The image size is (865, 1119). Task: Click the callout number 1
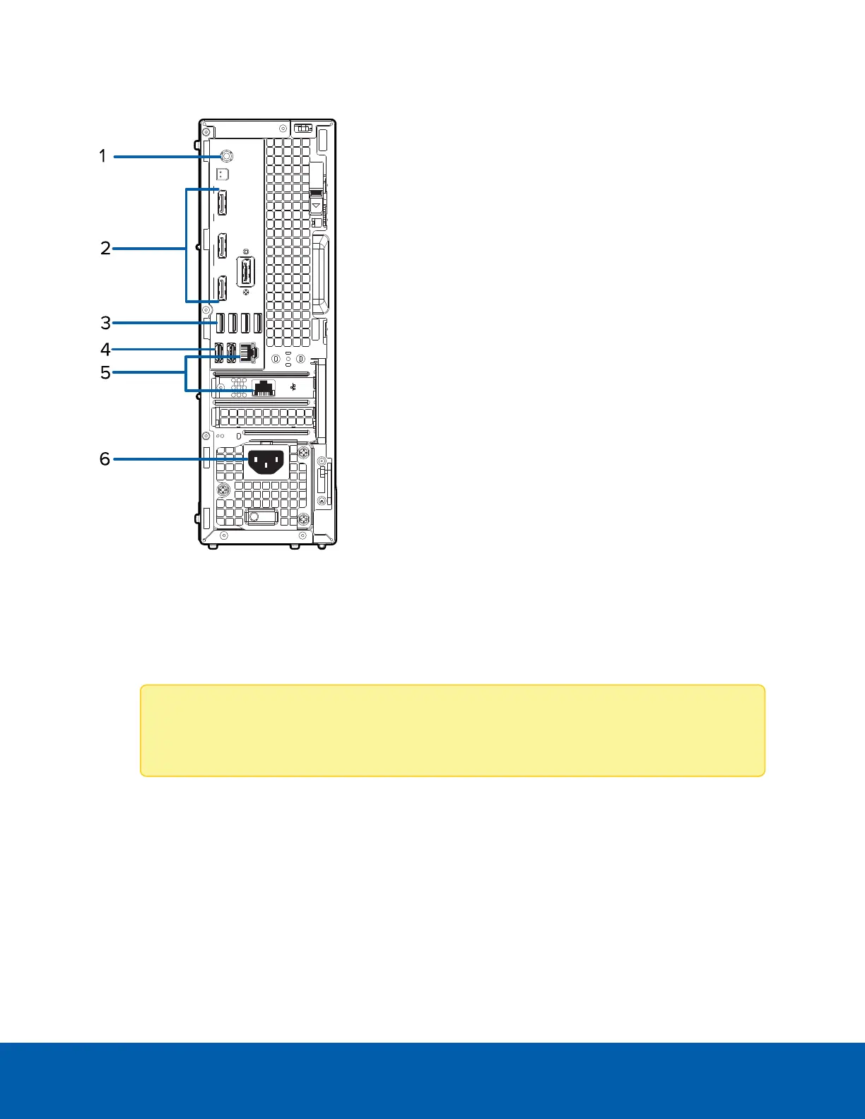coord(102,155)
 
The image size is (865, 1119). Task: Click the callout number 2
coord(105,248)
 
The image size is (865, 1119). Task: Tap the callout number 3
coord(105,323)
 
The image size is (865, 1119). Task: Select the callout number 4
coord(105,349)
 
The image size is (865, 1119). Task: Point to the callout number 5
coord(105,372)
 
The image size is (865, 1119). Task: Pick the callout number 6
coord(105,459)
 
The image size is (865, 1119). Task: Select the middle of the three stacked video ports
coord(222,247)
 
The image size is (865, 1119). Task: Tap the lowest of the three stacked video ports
coord(222,289)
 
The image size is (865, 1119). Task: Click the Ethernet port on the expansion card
coord(264,386)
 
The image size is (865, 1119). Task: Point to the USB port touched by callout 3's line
coord(220,323)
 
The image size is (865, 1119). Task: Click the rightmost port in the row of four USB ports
coord(258,323)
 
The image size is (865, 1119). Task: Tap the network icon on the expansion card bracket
coord(293,386)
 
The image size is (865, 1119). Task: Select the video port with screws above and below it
coord(246,272)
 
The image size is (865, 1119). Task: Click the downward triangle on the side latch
coord(317,206)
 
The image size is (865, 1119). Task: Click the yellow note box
coord(452,730)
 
